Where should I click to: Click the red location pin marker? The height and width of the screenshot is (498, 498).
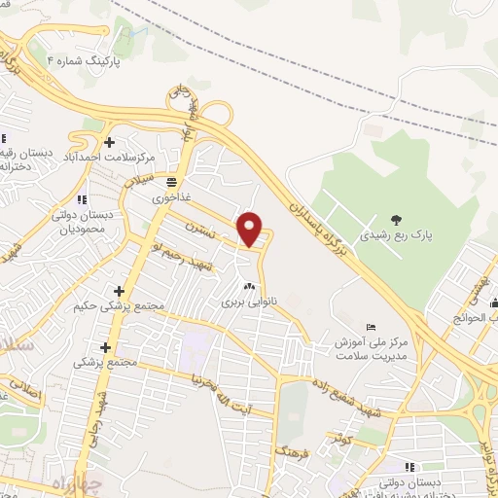250,228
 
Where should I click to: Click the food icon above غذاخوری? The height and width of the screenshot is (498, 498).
172,181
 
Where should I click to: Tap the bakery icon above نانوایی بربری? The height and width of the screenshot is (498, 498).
248,286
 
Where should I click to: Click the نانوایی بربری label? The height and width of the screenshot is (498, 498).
248,302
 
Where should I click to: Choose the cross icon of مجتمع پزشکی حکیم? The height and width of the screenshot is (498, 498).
120,291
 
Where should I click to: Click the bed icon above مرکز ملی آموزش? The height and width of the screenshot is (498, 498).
369,328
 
